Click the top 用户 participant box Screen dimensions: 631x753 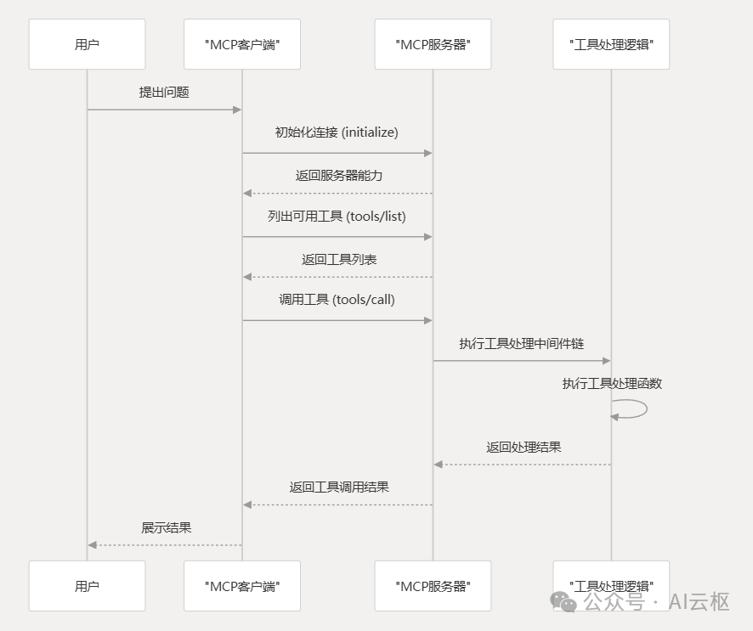point(87,44)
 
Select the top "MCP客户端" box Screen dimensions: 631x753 point(242,44)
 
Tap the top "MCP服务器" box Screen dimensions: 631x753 point(433,44)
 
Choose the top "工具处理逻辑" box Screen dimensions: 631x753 point(611,44)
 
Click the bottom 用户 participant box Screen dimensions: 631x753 point(87,586)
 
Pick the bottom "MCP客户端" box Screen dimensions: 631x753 point(242,586)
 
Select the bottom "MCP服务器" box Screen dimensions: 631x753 point(433,586)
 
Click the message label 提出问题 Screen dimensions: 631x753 point(164,93)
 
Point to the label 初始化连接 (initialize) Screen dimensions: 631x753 point(337,132)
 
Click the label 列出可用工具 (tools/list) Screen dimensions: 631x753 point(337,217)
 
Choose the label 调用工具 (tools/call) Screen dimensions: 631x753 point(337,300)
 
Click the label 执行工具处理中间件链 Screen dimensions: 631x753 point(522,343)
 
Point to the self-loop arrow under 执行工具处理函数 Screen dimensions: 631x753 point(632,408)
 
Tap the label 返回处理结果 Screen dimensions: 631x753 point(524,447)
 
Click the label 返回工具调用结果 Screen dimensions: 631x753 point(339,487)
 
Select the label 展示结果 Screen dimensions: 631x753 point(167,528)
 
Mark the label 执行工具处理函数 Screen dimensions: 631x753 point(612,384)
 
